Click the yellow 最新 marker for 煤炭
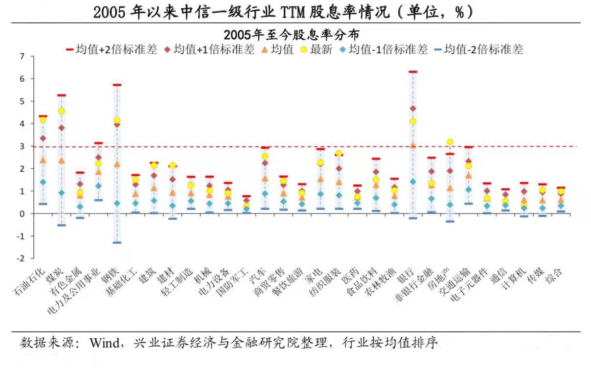62,111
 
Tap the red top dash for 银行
413,72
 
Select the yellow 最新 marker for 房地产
450,142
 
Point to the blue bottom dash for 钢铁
117,242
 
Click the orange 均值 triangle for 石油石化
43,160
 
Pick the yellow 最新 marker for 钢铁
117,120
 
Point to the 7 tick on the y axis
21,56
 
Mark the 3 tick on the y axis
21,146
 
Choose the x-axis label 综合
554,276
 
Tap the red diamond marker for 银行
413,108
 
